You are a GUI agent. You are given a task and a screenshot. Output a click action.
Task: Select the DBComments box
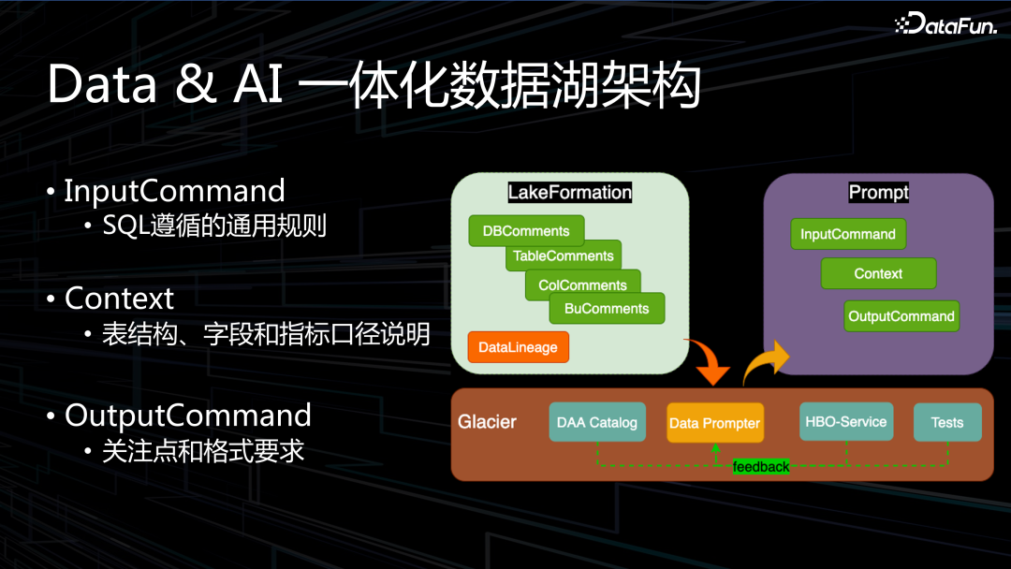tap(526, 231)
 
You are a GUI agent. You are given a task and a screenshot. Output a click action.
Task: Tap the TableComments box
tap(564, 255)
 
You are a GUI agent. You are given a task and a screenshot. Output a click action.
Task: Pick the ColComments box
tap(582, 284)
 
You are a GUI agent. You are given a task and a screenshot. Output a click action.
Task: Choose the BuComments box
tap(607, 309)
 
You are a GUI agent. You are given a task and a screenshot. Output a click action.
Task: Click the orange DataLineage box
tap(518, 347)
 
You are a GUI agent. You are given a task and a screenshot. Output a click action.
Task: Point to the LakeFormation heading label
tap(569, 193)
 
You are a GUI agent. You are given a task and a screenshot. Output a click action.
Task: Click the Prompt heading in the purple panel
tap(878, 193)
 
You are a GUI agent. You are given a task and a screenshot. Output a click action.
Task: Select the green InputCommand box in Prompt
tap(848, 234)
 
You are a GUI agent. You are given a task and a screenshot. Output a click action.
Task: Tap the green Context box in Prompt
tap(878, 274)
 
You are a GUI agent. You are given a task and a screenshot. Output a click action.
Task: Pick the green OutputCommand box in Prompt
tap(901, 316)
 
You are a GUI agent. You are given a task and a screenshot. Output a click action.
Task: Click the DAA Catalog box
tap(597, 422)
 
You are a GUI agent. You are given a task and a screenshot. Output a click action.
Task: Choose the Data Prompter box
tap(714, 423)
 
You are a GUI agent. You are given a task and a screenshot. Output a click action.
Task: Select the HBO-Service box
tap(846, 422)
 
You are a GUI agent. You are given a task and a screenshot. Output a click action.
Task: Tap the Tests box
tap(947, 422)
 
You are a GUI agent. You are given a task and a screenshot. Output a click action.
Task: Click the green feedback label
tap(761, 466)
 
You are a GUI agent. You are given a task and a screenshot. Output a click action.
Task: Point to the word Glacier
tap(487, 422)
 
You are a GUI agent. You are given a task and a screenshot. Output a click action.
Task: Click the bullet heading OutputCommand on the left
tap(188, 415)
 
